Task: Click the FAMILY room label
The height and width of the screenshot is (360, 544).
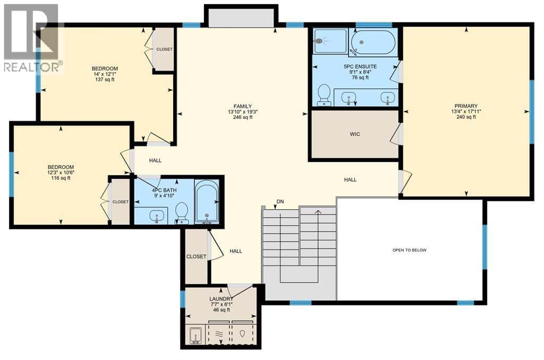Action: [242, 106]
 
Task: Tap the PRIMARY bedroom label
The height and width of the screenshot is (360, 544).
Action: [466, 106]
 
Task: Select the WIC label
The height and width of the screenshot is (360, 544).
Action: [355, 134]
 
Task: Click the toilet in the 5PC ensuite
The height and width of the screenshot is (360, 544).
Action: [324, 94]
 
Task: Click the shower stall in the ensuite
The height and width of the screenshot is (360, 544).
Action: [330, 41]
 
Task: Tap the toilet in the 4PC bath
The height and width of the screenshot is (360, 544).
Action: [182, 212]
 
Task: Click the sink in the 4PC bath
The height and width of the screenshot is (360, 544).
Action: [157, 216]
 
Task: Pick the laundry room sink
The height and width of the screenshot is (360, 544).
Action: [196, 336]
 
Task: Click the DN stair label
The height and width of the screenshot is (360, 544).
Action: [280, 201]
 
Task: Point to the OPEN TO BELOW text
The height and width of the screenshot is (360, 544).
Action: [410, 250]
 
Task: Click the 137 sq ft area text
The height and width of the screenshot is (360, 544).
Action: [105, 80]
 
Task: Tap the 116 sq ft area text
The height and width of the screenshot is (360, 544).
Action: [61, 178]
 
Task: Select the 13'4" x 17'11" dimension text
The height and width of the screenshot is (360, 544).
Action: [466, 112]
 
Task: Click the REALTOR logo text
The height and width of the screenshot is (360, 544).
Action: [32, 66]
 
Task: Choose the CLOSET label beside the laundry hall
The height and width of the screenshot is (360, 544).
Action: [196, 256]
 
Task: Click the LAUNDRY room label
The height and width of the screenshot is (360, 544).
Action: [221, 299]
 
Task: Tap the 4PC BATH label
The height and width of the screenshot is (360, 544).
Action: [165, 190]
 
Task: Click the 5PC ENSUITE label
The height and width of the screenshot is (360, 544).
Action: [360, 66]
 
